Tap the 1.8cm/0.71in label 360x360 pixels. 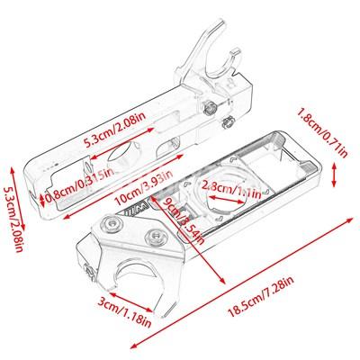[x=322, y=132]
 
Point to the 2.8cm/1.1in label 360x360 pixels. [x=231, y=189]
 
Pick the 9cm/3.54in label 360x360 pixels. [x=183, y=220]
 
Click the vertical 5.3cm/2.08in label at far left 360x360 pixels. [x=13, y=220]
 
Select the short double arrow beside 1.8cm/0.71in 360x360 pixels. [x=334, y=175]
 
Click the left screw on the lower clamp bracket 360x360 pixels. [x=112, y=223]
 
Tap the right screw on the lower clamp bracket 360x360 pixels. [x=155, y=237]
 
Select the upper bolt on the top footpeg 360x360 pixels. [x=210, y=108]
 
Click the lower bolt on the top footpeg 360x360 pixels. [x=227, y=122]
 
